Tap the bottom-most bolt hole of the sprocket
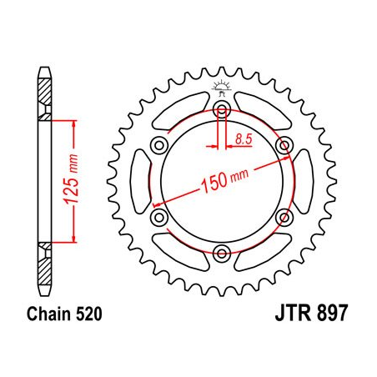221,253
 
